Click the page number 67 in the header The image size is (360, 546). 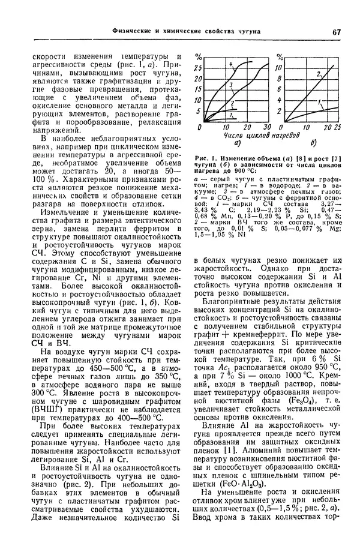coord(336,31)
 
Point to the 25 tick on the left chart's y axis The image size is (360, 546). coord(198,68)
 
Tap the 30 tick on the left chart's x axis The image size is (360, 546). coord(266,128)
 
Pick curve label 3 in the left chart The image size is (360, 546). coord(230,85)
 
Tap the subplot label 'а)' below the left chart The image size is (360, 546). coord(237,144)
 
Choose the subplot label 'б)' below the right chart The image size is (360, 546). coord(314,144)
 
